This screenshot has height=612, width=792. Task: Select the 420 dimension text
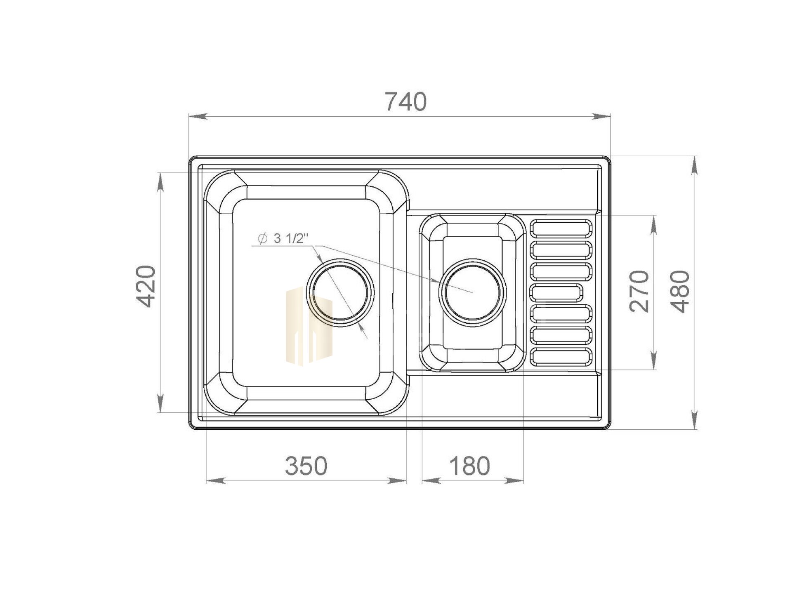click(x=146, y=286)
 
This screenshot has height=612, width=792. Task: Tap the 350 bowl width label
click(x=306, y=466)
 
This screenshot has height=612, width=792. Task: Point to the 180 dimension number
click(x=470, y=466)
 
